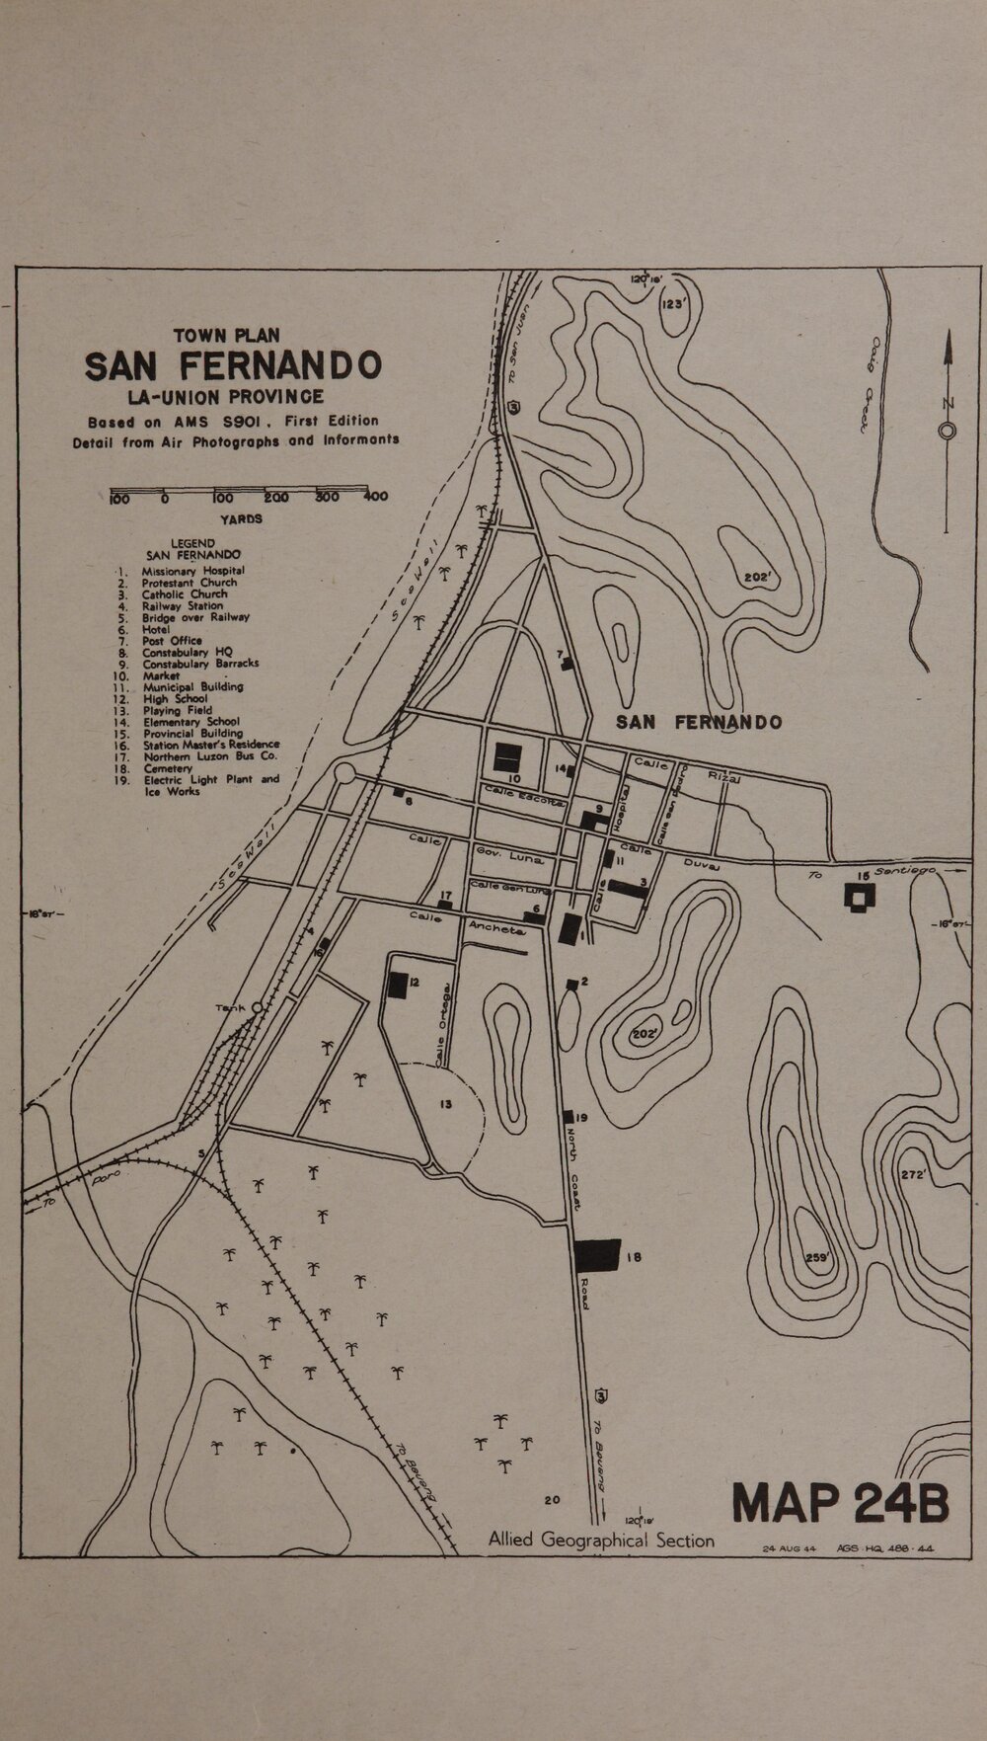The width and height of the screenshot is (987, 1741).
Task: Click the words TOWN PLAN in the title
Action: coord(226,336)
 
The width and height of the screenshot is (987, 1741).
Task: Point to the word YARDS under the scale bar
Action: coord(241,518)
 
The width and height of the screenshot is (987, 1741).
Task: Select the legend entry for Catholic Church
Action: coord(184,594)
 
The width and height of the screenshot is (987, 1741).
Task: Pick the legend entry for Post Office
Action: coord(172,640)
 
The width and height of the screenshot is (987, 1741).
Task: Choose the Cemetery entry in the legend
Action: coord(167,768)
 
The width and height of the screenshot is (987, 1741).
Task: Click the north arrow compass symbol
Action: coord(947,431)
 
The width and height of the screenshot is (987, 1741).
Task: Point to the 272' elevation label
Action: coord(913,1174)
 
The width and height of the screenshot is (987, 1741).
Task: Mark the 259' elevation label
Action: coord(817,1258)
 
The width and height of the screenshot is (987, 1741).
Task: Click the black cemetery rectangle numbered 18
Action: coord(597,1255)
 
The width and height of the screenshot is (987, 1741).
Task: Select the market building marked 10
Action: coord(507,756)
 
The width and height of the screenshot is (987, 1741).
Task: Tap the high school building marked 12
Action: coord(398,984)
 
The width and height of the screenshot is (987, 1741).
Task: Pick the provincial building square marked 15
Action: coord(862,897)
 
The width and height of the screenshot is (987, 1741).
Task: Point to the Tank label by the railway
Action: coord(229,1008)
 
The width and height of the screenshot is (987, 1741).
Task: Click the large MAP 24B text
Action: coord(841,1502)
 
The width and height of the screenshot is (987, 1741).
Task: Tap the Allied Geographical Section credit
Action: coord(601,1540)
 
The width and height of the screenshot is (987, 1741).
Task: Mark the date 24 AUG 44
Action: coord(789,1548)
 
